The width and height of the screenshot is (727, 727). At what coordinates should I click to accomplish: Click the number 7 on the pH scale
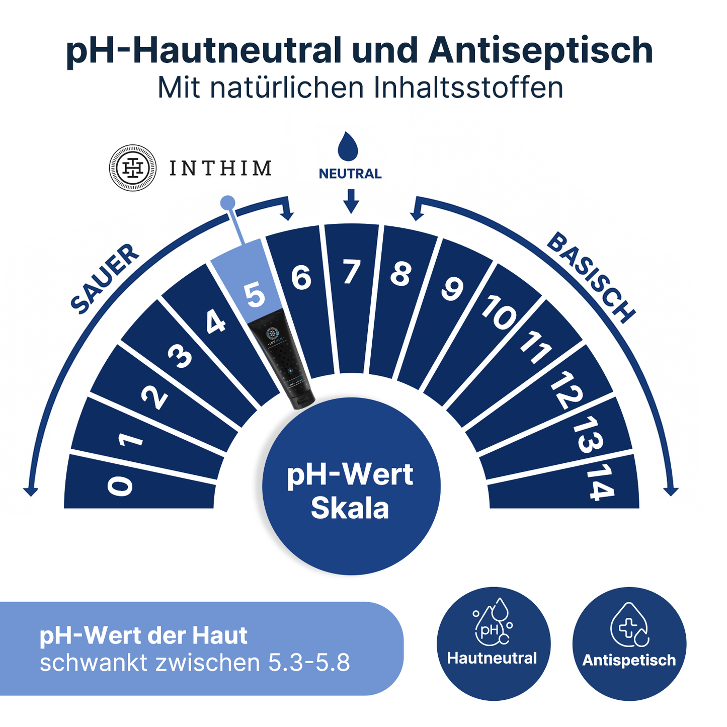[x=352, y=272]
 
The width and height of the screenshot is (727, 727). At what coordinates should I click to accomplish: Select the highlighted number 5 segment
[x=255, y=294]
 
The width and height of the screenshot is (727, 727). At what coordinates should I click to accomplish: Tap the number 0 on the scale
[x=121, y=486]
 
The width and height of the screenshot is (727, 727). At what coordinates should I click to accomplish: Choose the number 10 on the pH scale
[x=499, y=313]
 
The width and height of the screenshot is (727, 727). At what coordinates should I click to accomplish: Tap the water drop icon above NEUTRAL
[x=348, y=146]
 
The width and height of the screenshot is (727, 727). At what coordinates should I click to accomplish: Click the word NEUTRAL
[x=350, y=174]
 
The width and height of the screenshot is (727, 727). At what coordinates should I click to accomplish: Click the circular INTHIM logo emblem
[x=133, y=168]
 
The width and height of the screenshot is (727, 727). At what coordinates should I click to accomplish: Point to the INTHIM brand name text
[x=220, y=169]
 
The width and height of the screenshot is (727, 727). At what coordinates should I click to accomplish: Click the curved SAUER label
[x=104, y=279]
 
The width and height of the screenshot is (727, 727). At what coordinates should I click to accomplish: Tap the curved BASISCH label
[x=591, y=277]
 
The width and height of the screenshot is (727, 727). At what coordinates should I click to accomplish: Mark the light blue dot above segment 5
[x=228, y=202]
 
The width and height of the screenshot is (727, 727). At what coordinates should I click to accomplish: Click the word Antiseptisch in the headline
[x=540, y=51]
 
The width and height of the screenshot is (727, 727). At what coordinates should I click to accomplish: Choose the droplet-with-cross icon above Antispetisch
[x=629, y=626]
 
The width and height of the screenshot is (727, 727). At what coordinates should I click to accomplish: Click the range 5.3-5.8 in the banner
[x=309, y=663]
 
